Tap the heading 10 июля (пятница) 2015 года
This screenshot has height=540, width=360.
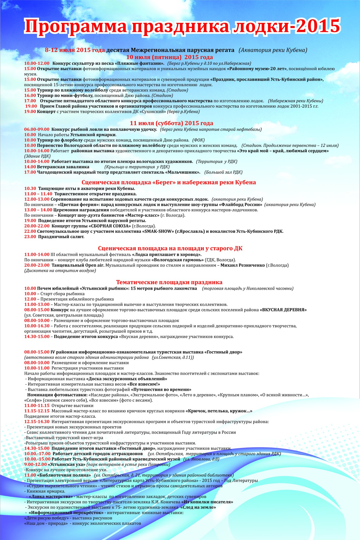(x=170, y=57)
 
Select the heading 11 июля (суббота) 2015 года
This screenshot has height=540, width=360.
(x=171, y=123)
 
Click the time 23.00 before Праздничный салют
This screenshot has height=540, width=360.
(x=30, y=237)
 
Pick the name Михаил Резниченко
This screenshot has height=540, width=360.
(x=242, y=265)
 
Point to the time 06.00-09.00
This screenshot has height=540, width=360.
(x=37, y=129)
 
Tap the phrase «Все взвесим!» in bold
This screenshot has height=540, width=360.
(x=143, y=384)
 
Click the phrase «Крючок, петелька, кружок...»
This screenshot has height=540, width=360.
(x=219, y=411)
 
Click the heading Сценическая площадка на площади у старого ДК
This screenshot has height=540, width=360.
(x=170, y=248)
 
